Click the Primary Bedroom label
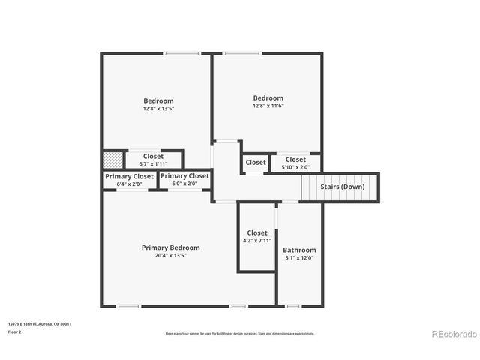pyautogui.click(x=171, y=247)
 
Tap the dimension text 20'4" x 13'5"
pyautogui.click(x=171, y=256)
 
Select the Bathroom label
pyautogui.click(x=299, y=250)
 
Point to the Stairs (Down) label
pyautogui.click(x=343, y=186)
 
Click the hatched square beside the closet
pyautogui.click(x=112, y=160)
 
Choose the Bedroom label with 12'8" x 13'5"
pyautogui.click(x=158, y=100)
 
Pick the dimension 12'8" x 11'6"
pyautogui.click(x=268, y=106)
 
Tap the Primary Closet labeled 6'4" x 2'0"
pyautogui.click(x=129, y=176)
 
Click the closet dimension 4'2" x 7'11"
pyautogui.click(x=257, y=241)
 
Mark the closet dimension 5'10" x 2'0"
pyautogui.click(x=295, y=167)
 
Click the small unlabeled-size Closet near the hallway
pyautogui.click(x=256, y=162)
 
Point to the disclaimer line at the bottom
pyautogui.click(x=240, y=333)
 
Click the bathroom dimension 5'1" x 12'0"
pyautogui.click(x=299, y=258)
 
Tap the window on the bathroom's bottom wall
pyautogui.click(x=293, y=306)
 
